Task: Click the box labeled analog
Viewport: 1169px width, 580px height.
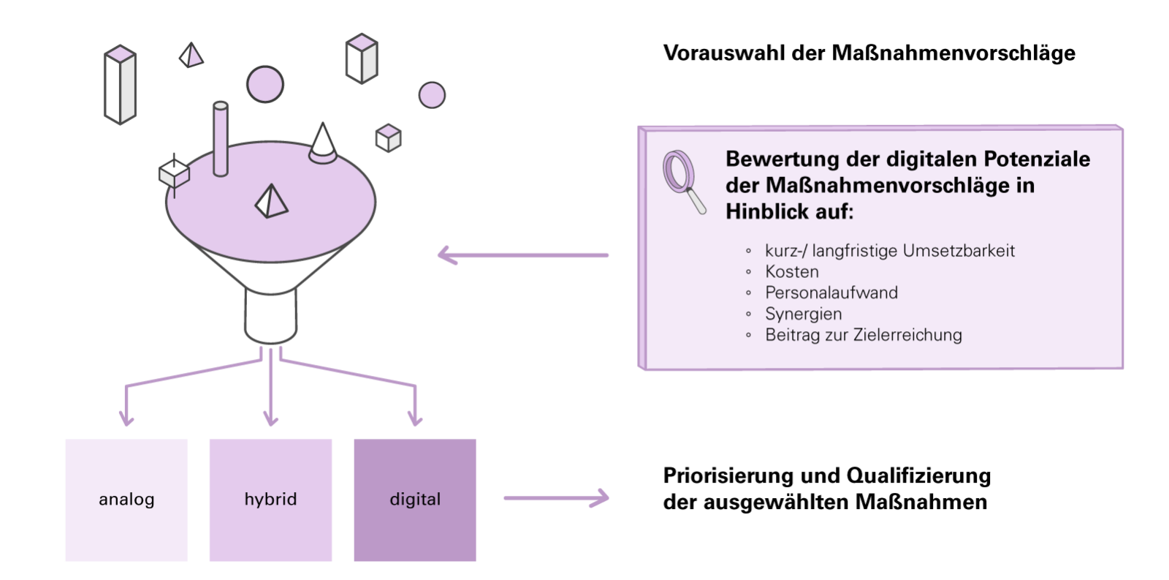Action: click(x=126, y=500)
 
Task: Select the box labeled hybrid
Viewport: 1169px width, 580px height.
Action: click(x=270, y=500)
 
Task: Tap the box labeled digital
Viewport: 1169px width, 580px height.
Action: click(x=415, y=500)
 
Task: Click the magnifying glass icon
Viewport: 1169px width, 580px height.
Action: click(x=683, y=181)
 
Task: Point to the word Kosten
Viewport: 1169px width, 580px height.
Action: click(x=792, y=271)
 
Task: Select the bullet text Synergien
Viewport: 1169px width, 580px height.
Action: click(x=804, y=314)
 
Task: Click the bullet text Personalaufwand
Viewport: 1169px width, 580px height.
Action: click(x=831, y=293)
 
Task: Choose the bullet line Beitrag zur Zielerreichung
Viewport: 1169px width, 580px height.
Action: click(x=864, y=335)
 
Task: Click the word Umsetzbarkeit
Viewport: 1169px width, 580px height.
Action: click(x=959, y=251)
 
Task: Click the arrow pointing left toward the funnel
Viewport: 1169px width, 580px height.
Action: click(x=522, y=255)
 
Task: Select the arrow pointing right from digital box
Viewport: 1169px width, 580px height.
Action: click(x=556, y=498)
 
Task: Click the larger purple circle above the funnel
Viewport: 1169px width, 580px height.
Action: click(x=264, y=84)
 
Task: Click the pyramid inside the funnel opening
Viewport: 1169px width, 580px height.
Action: click(x=271, y=200)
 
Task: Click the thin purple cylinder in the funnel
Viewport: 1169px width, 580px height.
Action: click(x=220, y=139)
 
